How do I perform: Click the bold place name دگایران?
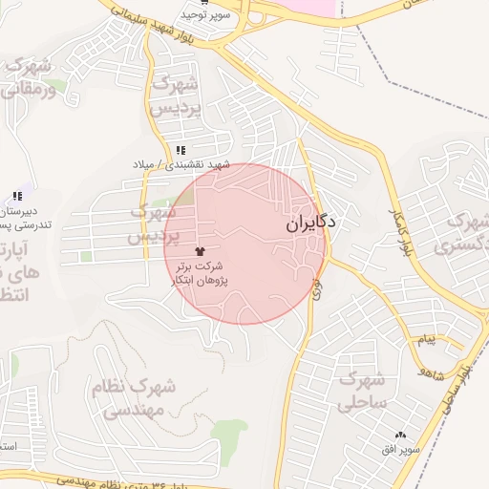tap(312, 225)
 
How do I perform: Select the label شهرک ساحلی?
tap(360, 390)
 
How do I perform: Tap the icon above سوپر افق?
tap(400, 435)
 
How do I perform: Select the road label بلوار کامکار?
tap(401, 229)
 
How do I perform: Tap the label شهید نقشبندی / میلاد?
tap(182, 164)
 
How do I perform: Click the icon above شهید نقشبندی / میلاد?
tap(181, 150)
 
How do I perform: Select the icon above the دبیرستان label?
tap(17, 196)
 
